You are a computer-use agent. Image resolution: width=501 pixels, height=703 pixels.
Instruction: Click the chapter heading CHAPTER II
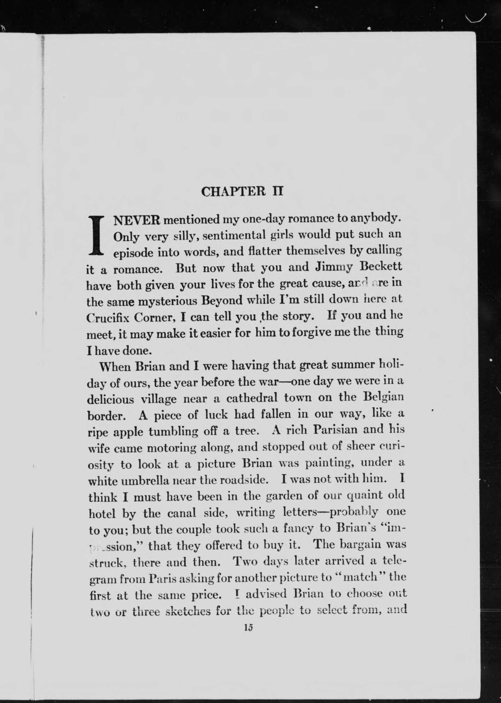(242, 192)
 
